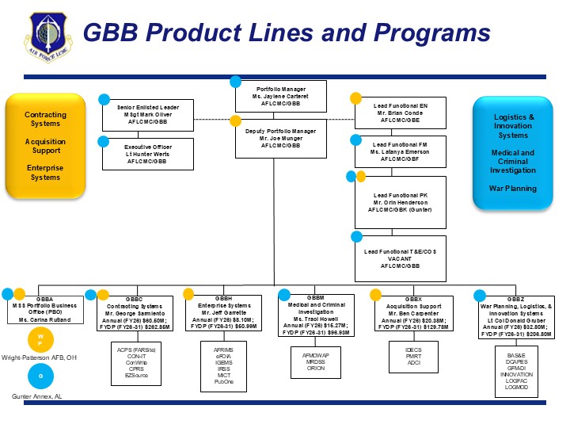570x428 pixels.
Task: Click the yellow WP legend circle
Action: (41, 340)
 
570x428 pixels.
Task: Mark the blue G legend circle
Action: (41, 375)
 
